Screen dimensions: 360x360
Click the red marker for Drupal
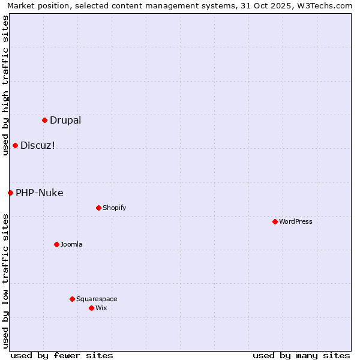click(44, 120)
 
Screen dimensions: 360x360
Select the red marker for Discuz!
click(15, 145)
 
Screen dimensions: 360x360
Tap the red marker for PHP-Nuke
click(10, 193)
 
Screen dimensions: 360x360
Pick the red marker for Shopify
click(98, 208)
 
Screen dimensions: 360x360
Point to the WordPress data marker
click(275, 221)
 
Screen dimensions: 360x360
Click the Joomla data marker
click(56, 244)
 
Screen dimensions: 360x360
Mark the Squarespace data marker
click(72, 299)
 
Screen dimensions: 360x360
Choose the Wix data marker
click(91, 308)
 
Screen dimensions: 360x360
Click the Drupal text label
click(65, 120)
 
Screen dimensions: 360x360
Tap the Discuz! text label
click(38, 145)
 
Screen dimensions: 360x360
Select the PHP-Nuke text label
click(40, 193)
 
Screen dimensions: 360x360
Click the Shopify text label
click(114, 208)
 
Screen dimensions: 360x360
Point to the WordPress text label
click(296, 221)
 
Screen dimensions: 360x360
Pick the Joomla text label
click(71, 244)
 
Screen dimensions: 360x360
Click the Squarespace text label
click(97, 299)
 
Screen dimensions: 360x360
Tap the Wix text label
click(101, 308)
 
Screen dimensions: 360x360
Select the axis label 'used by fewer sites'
click(62, 355)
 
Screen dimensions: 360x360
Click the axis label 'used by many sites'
click(301, 355)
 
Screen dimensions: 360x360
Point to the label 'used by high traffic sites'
click(6, 85)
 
